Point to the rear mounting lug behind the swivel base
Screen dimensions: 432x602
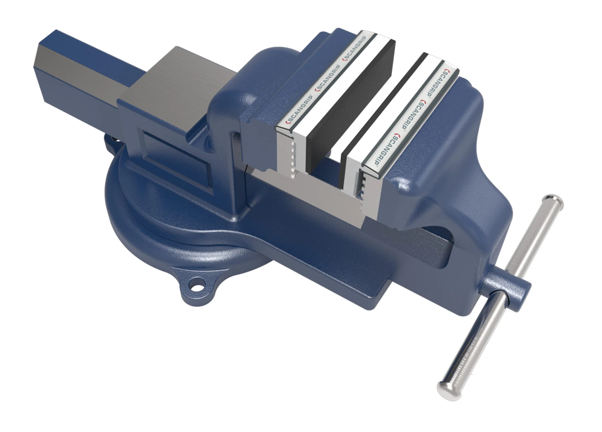point(109,141)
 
